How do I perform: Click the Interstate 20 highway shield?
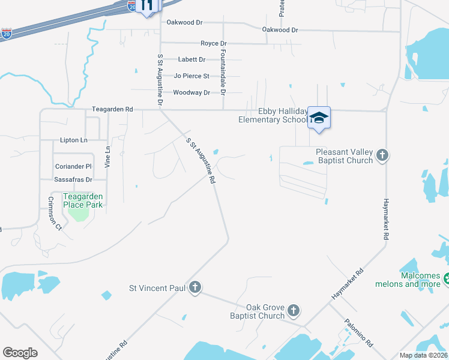coord(6,34)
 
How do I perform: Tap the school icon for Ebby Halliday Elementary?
coord(319,117)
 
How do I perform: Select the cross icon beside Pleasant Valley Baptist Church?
coord(382,157)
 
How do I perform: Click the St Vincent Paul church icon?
coord(194,288)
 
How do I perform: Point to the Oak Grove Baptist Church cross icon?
coord(293,310)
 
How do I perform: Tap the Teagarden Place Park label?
coord(83,200)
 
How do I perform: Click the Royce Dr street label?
coord(213,44)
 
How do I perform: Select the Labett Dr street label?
coord(191,59)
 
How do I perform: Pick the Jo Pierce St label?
coord(191,76)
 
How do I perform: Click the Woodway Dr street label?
coord(191,92)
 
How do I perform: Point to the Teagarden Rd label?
coord(112,109)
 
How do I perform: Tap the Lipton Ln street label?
coord(73,140)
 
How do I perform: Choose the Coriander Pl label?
coord(73,166)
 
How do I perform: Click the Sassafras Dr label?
coord(73,179)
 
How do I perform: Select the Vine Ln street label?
coord(108,156)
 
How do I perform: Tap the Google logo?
coord(20,353)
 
